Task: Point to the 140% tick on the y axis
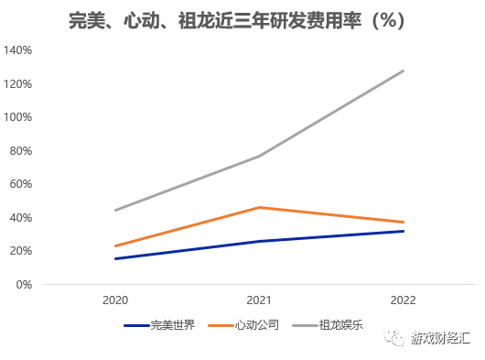[18, 50]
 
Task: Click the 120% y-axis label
[18, 84]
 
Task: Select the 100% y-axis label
[18, 117]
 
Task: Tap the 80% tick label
[21, 151]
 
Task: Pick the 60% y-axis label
[21, 184]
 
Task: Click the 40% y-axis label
[21, 217]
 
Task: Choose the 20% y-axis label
[21, 251]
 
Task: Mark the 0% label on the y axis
[25, 284]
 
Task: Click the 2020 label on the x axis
[115, 300]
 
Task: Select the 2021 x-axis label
[260, 300]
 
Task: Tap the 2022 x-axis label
[404, 300]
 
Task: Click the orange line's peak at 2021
[260, 207]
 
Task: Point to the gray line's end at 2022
[404, 71]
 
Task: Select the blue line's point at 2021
[260, 241]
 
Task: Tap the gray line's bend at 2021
[260, 156]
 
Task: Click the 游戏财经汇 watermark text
[439, 339]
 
